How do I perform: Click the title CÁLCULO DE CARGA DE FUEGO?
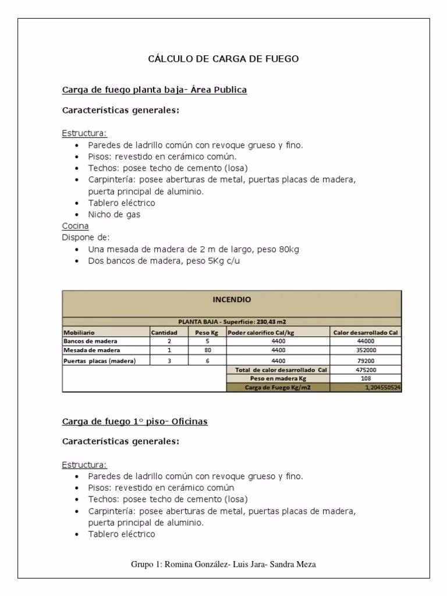(x=223, y=59)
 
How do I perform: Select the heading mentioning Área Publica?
(x=154, y=90)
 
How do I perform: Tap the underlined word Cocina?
(x=75, y=226)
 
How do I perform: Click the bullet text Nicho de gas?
(x=114, y=214)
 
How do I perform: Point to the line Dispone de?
(x=86, y=237)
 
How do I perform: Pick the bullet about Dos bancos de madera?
(x=164, y=261)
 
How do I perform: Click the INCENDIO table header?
(x=232, y=300)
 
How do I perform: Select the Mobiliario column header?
(x=80, y=332)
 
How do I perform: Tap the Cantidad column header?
(x=164, y=332)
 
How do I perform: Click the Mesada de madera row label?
(x=92, y=350)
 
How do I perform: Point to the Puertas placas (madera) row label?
(x=100, y=361)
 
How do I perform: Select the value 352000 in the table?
(x=365, y=350)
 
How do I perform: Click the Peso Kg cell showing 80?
(x=206, y=350)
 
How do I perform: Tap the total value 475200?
(x=365, y=370)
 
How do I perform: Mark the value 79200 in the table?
(x=365, y=361)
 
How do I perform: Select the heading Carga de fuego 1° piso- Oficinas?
(x=134, y=421)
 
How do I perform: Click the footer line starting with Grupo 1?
(x=223, y=565)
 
